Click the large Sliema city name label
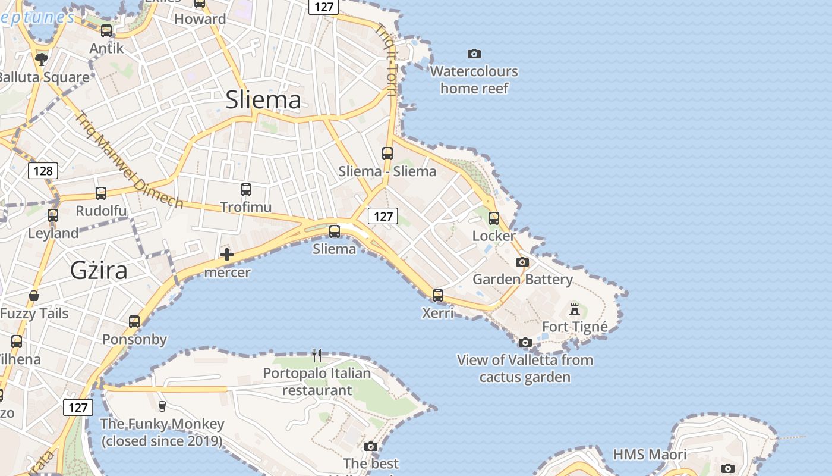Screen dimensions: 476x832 click(263, 100)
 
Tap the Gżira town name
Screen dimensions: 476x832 click(99, 270)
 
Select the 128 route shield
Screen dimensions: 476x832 click(43, 171)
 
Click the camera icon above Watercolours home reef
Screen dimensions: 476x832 click(474, 54)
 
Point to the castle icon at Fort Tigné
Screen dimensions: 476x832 click(575, 309)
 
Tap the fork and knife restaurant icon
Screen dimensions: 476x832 click(317, 356)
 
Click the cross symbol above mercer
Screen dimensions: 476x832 click(226, 255)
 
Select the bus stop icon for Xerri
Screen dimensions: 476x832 click(438, 295)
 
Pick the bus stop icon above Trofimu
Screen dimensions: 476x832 click(246, 190)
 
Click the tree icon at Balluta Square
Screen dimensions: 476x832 click(41, 59)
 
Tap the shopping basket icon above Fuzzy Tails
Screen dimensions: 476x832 click(34, 296)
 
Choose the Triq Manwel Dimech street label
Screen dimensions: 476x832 click(128, 159)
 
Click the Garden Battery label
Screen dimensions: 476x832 click(522, 279)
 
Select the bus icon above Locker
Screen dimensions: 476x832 click(494, 218)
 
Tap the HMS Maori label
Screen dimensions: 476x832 click(650, 455)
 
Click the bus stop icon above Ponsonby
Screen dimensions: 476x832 click(134, 322)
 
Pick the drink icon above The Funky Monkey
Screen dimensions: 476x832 click(162, 406)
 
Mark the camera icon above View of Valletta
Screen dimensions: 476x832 click(525, 342)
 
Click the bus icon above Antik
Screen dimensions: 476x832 click(106, 31)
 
